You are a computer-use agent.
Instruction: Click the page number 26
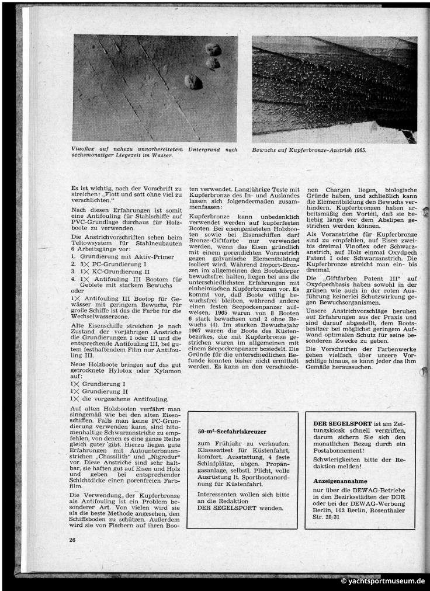click(x=72, y=539)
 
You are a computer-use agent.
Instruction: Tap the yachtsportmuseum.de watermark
click(x=383, y=582)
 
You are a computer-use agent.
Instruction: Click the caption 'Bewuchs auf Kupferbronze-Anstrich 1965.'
click(x=309, y=150)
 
